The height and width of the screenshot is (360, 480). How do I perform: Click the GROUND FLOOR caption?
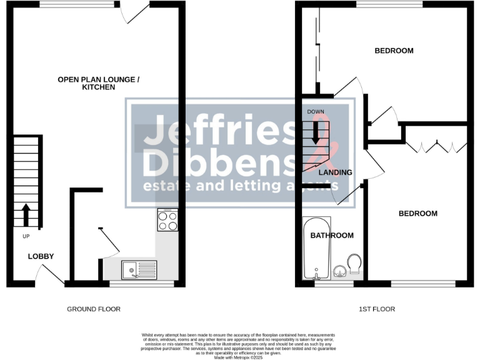pyautogui.click(x=93, y=309)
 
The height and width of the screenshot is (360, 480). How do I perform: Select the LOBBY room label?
pyautogui.click(x=41, y=256)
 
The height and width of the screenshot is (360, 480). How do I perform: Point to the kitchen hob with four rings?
pyautogui.click(x=167, y=220)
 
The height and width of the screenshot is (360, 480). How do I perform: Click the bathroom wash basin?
pyautogui.click(x=339, y=271)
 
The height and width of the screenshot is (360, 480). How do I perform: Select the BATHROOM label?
pyautogui.click(x=332, y=236)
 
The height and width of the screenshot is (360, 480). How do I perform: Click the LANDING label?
pyautogui.click(x=336, y=172)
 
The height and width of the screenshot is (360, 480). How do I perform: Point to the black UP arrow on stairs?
pyautogui.click(x=26, y=214)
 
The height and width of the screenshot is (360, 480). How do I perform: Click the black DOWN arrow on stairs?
pyautogui.click(x=316, y=131)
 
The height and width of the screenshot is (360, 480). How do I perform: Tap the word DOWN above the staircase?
pyautogui.click(x=316, y=112)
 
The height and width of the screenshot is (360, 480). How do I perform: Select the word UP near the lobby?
pyautogui.click(x=26, y=236)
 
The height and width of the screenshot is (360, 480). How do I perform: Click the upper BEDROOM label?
pyautogui.click(x=394, y=51)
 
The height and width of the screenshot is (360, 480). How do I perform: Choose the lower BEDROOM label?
pyautogui.click(x=418, y=214)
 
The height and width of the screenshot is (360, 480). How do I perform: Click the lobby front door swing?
pyautogui.click(x=50, y=273)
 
